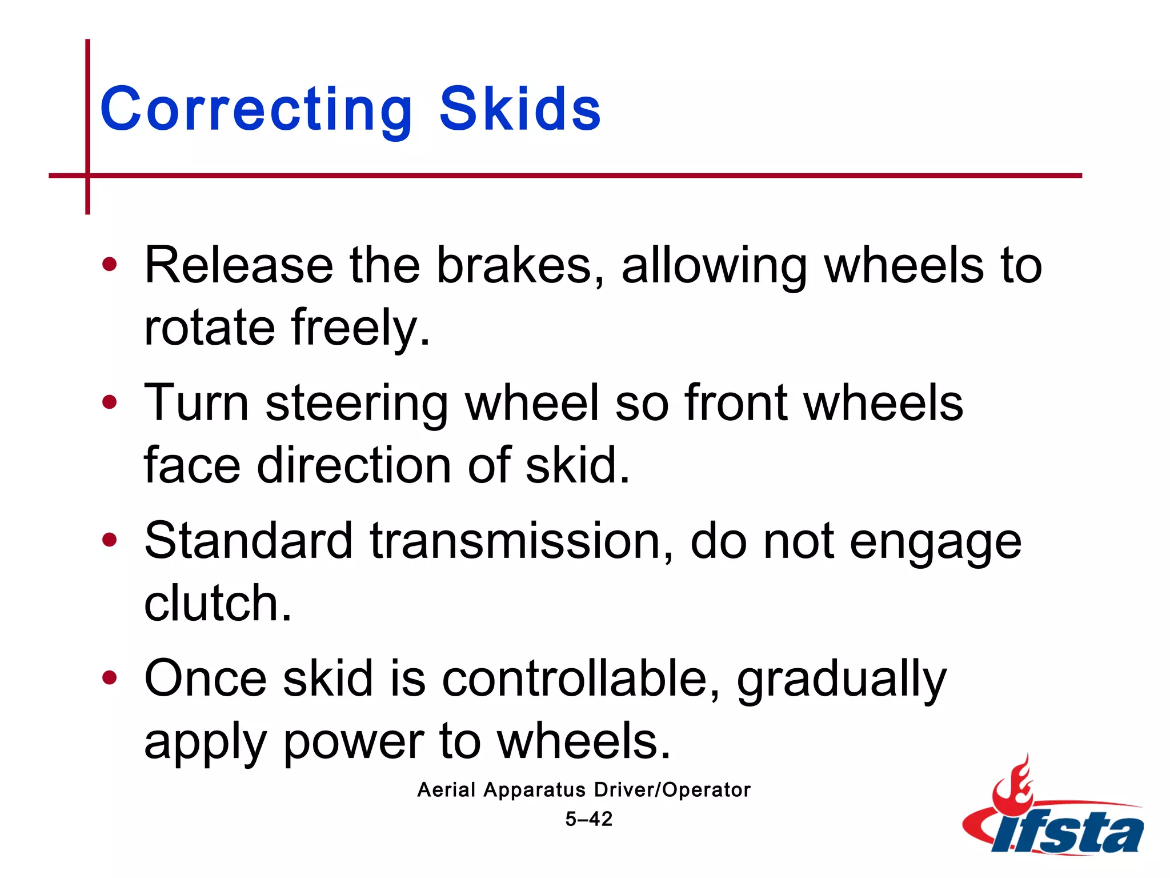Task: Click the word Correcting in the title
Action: pyautogui.click(x=255, y=109)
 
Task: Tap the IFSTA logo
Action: pyautogui.click(x=1055, y=812)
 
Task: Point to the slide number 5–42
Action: pyautogui.click(x=588, y=819)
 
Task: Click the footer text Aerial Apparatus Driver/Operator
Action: pyautogui.click(x=584, y=790)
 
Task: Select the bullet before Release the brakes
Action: pyautogui.click(x=109, y=265)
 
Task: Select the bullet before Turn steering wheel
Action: pyautogui.click(x=109, y=402)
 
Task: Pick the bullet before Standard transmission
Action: pyautogui.click(x=109, y=540)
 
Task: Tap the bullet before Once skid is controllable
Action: pyautogui.click(x=109, y=678)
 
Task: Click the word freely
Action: pyautogui.click(x=360, y=328)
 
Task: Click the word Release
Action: pyautogui.click(x=239, y=266)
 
